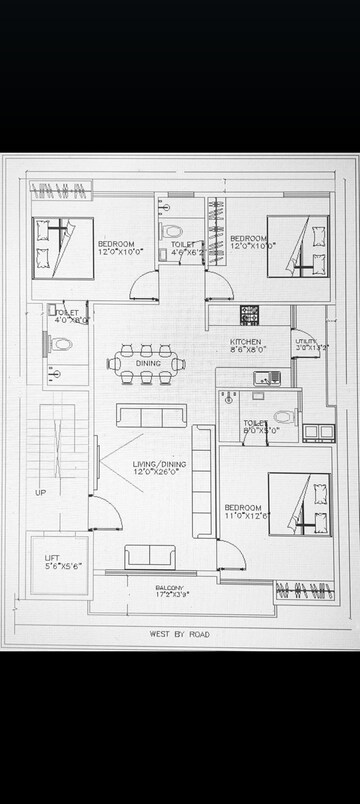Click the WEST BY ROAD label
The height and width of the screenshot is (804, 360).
tap(180, 633)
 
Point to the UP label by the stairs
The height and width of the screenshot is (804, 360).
tap(40, 493)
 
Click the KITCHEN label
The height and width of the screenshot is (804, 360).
tap(245, 342)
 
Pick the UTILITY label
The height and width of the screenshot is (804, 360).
tap(307, 342)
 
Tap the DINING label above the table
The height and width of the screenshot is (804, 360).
tap(148, 335)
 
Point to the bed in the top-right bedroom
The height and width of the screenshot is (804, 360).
tap(299, 246)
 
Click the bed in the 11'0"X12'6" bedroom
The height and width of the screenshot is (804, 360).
tap(300, 505)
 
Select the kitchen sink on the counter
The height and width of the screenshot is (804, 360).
tap(266, 378)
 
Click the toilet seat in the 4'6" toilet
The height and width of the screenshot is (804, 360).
tap(171, 232)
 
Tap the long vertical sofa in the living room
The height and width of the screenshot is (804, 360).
tap(201, 480)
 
